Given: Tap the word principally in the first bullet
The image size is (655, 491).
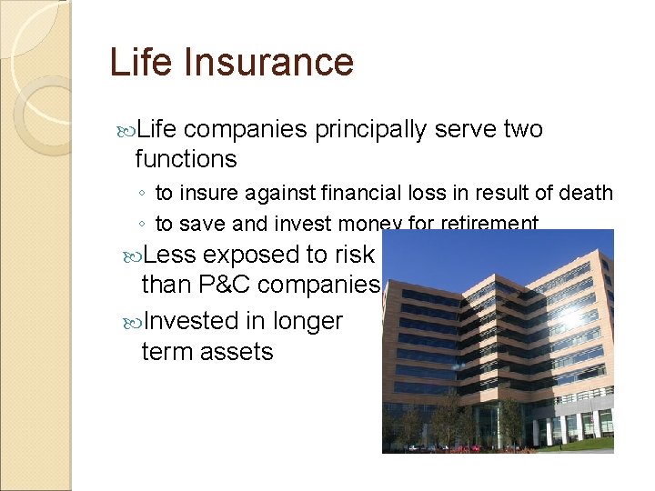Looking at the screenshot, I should (370, 130).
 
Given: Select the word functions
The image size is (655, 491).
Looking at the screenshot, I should (186, 159).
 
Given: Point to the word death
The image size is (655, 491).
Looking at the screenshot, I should (589, 194).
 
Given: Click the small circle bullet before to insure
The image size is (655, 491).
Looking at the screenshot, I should (143, 195).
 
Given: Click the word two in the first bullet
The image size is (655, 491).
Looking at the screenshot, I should (523, 130).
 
